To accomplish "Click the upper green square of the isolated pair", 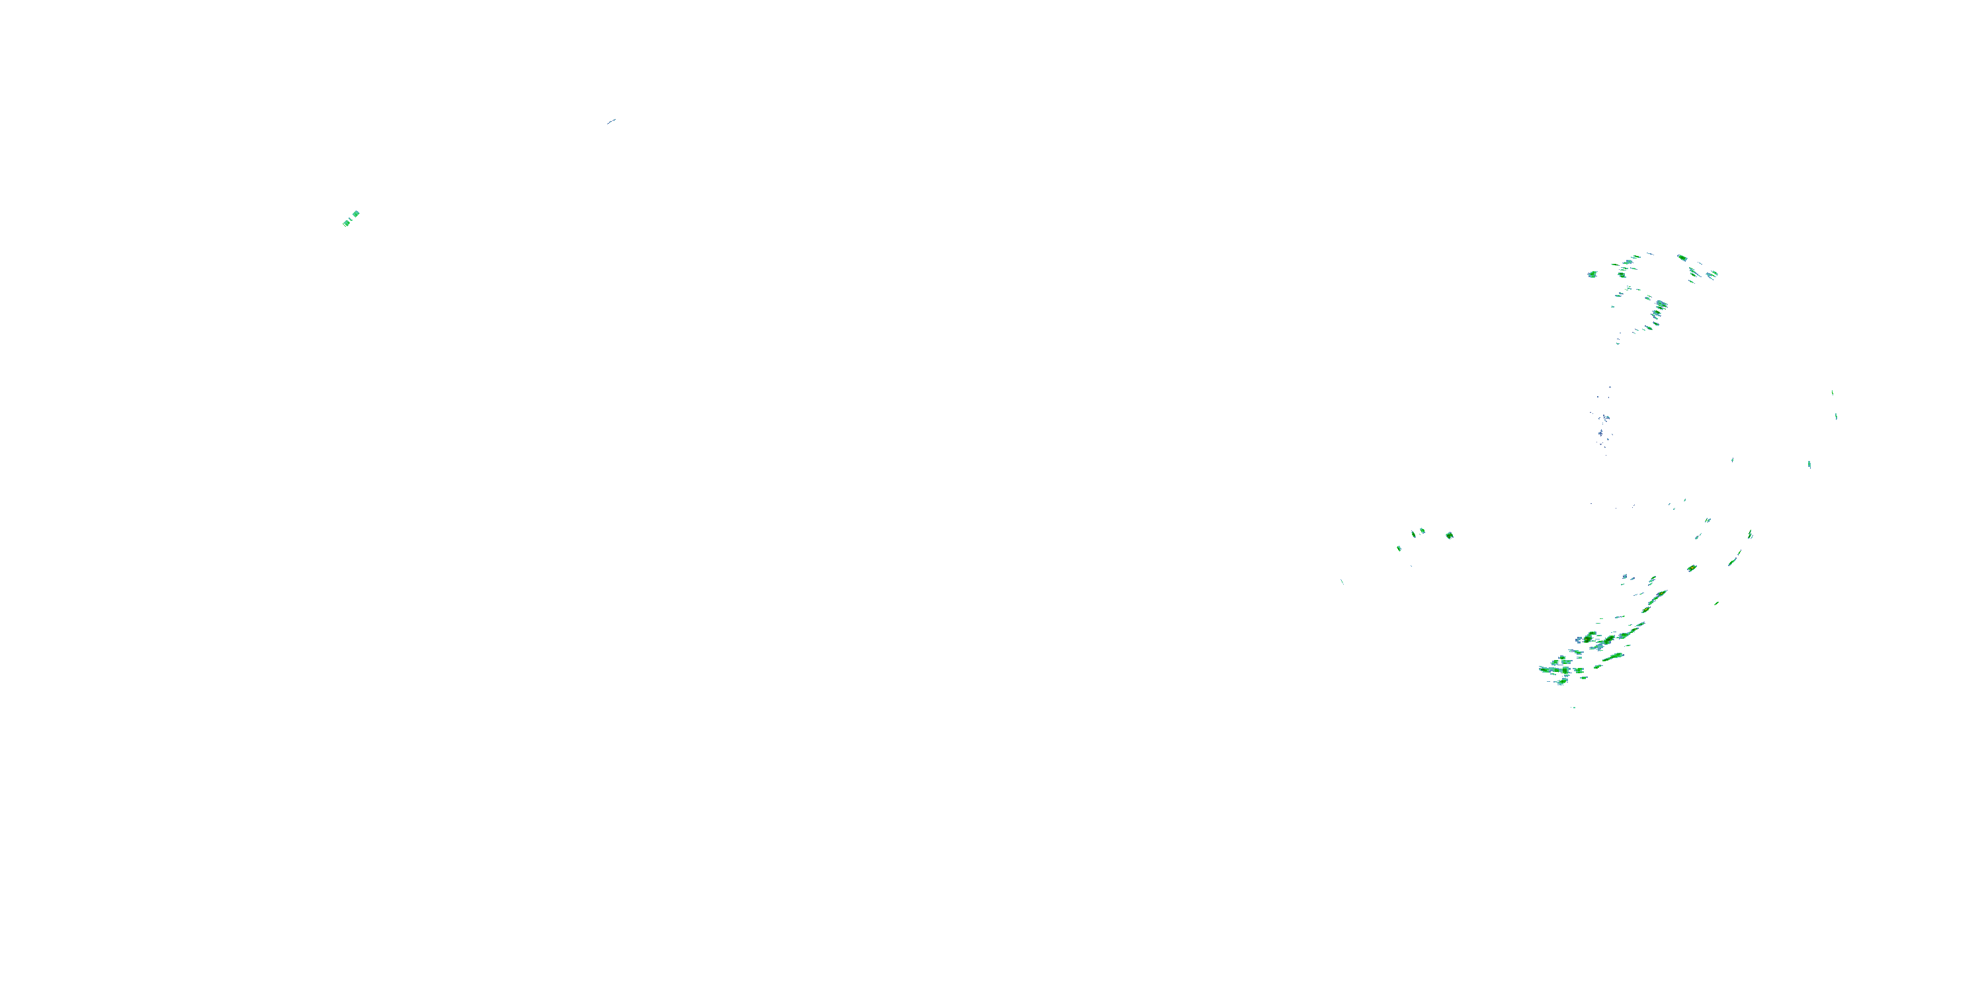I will tap(356, 214).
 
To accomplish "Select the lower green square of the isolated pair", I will tap(346, 224).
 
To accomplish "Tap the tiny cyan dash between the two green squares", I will tap(351, 219).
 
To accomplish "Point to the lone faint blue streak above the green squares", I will tap(612, 121).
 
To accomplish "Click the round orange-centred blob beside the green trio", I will tap(1450, 535).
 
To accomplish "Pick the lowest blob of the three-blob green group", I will tap(1399, 548).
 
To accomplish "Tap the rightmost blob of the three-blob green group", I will tap(1422, 530).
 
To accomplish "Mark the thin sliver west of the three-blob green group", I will tap(1343, 581).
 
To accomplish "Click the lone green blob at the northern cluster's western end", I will tap(1592, 274).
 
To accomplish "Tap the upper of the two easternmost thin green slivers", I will tap(1833, 393).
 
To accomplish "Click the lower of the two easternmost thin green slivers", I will tap(1836, 417).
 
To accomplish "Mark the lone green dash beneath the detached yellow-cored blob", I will tap(1717, 603).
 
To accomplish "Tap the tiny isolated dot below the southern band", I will tap(1573, 707).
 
